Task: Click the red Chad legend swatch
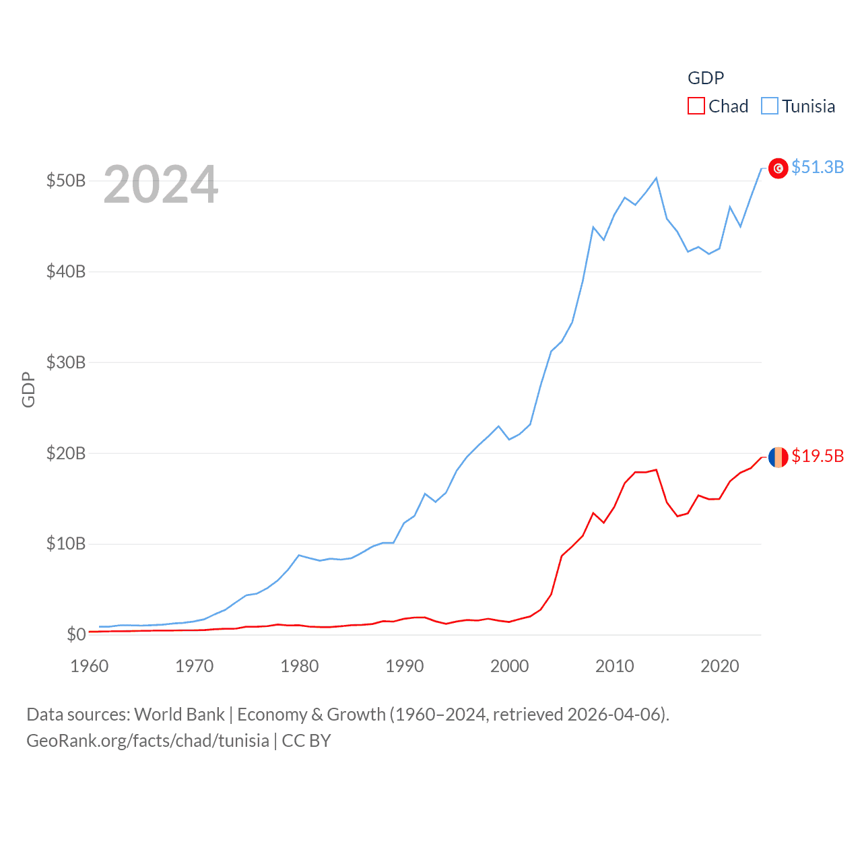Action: pos(696,106)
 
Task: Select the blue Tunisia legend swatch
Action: pos(770,106)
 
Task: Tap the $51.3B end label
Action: pos(817,167)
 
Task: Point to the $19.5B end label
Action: pos(817,456)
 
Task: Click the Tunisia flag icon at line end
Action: pos(778,168)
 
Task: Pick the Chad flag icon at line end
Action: pos(778,457)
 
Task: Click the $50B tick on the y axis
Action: pos(65,180)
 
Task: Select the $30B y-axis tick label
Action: pos(65,362)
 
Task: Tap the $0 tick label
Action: pos(76,634)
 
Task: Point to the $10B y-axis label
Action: pos(65,543)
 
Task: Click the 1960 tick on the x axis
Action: pos(89,666)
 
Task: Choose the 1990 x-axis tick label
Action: pos(404,666)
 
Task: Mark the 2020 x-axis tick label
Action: pos(719,666)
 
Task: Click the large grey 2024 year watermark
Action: pos(160,185)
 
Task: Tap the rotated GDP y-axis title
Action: pos(28,389)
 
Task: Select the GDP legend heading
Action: pos(705,78)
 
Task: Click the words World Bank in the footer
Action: pos(179,715)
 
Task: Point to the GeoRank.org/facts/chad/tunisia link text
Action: pos(147,741)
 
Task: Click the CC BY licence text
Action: pos(306,741)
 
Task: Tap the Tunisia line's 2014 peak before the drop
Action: pos(656,178)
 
